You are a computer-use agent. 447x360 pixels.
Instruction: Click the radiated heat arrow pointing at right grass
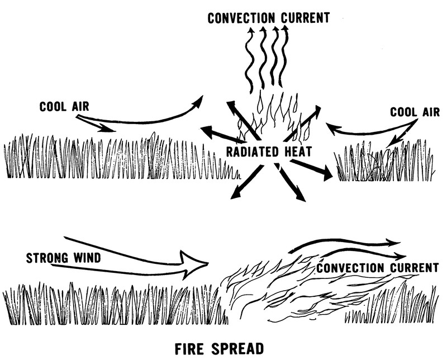[x=310, y=169]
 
